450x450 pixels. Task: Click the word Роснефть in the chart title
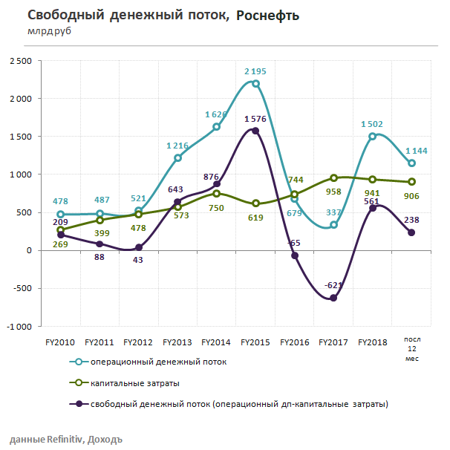tap(268, 16)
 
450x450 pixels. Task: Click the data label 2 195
tap(257, 71)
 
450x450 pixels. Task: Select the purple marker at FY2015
tap(255, 131)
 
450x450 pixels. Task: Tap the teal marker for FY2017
tap(334, 225)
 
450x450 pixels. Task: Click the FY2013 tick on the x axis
tap(177, 342)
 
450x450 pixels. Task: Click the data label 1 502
tap(372, 124)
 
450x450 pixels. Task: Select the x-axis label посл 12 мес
tap(411, 348)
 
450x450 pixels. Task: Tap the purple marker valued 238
tap(411, 232)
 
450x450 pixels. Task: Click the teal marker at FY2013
tap(177, 158)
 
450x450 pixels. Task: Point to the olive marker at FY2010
tap(59, 230)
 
